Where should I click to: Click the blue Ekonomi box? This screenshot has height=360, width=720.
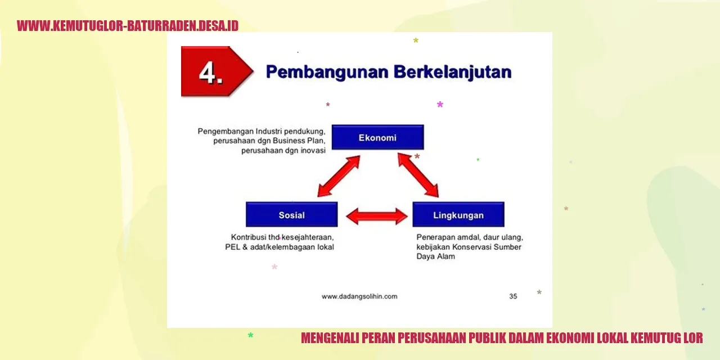(x=377, y=137)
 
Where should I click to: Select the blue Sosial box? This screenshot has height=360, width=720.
(x=291, y=215)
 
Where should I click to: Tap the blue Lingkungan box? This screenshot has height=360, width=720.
(x=458, y=215)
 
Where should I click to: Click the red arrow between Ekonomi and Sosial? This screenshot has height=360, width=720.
(x=339, y=176)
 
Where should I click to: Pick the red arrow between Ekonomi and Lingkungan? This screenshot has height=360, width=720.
(x=418, y=175)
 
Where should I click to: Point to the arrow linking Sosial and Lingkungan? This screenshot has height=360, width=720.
(x=376, y=216)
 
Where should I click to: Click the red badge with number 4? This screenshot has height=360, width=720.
(x=212, y=72)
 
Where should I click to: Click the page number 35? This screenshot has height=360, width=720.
(x=513, y=296)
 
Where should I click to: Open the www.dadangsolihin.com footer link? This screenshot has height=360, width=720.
(x=359, y=296)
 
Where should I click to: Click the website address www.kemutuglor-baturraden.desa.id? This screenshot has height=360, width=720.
(x=128, y=26)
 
